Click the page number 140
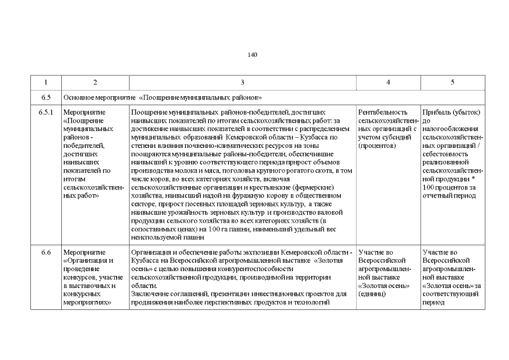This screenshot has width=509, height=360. click(x=252, y=55)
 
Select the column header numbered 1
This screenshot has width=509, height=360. click(x=46, y=83)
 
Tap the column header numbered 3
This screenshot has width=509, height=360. click(x=242, y=83)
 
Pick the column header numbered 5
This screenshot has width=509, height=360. click(x=452, y=83)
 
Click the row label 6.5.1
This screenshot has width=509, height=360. click(x=46, y=112)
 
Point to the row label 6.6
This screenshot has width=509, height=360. click(x=46, y=252)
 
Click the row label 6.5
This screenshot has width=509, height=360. click(x=46, y=97)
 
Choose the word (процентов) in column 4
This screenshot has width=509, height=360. click(x=377, y=146)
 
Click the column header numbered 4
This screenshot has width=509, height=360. click(x=388, y=83)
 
